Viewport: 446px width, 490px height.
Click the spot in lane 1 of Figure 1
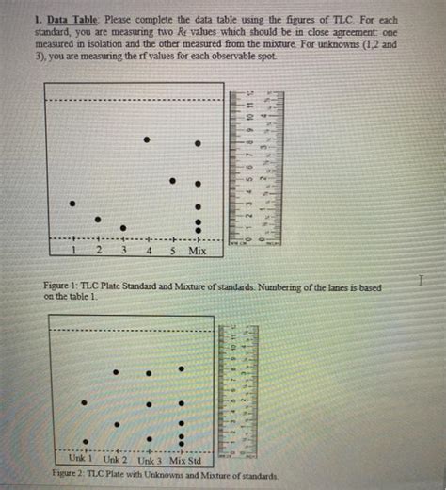(x=72, y=203)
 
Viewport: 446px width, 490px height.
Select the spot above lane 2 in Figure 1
(x=97, y=219)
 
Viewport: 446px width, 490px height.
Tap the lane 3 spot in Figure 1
(x=122, y=227)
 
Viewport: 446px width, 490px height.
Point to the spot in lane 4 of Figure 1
(x=147, y=139)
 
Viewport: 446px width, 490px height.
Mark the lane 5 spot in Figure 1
(x=172, y=181)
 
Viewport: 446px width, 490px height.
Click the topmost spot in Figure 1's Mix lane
(x=198, y=143)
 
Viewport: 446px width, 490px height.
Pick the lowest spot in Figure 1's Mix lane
(x=198, y=230)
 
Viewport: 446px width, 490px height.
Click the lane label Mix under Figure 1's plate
(x=198, y=252)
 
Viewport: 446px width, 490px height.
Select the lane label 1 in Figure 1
(x=74, y=252)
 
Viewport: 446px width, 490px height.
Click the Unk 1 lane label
(x=91, y=459)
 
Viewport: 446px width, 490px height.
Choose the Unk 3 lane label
(x=151, y=459)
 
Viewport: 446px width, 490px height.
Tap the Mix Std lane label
(x=186, y=459)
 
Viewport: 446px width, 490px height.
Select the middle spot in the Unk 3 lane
(x=150, y=405)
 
